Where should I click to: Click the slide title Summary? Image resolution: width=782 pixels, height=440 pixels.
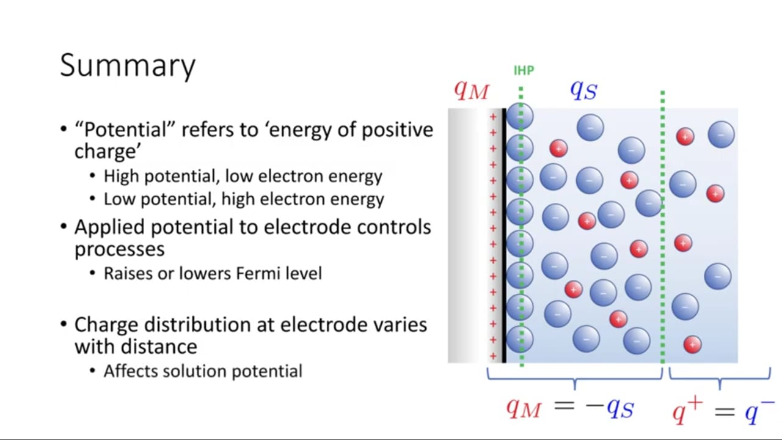[128, 65]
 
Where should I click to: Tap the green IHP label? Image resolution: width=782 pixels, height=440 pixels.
[524, 70]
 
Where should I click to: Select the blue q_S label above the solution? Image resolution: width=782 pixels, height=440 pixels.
[583, 90]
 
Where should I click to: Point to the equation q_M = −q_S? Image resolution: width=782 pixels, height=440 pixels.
[570, 408]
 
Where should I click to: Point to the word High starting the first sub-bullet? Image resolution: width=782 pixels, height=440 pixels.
[122, 176]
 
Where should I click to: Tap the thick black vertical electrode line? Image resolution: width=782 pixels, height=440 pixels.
[504, 236]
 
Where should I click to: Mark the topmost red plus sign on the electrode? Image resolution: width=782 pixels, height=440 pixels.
[493, 117]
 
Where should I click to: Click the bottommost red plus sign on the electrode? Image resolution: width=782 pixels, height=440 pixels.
[493, 356]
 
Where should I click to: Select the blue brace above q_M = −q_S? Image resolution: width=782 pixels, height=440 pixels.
[575, 379]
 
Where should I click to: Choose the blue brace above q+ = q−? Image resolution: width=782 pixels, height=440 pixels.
[720, 379]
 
